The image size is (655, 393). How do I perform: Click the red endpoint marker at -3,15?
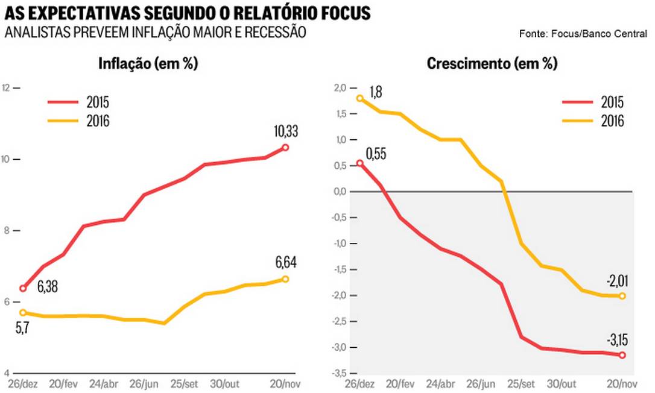tap(622, 355)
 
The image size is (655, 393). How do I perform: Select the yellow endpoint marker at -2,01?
tap(622, 296)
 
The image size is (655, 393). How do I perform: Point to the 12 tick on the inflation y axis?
tap(7, 88)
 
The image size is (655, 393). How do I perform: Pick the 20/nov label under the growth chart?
tap(622, 384)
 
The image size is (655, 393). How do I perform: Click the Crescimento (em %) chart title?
tap(492, 64)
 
